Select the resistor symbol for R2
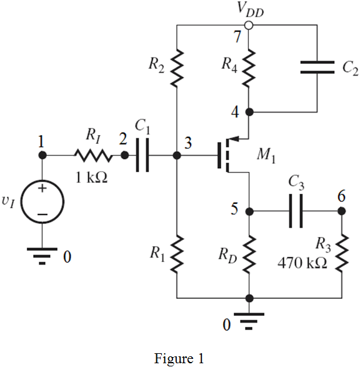click(177, 63)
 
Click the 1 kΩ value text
click(92, 178)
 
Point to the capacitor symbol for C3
click(295, 211)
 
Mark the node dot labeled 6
click(342, 211)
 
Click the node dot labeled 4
click(249, 113)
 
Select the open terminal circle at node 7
click(249, 26)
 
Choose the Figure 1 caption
click(179, 358)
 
